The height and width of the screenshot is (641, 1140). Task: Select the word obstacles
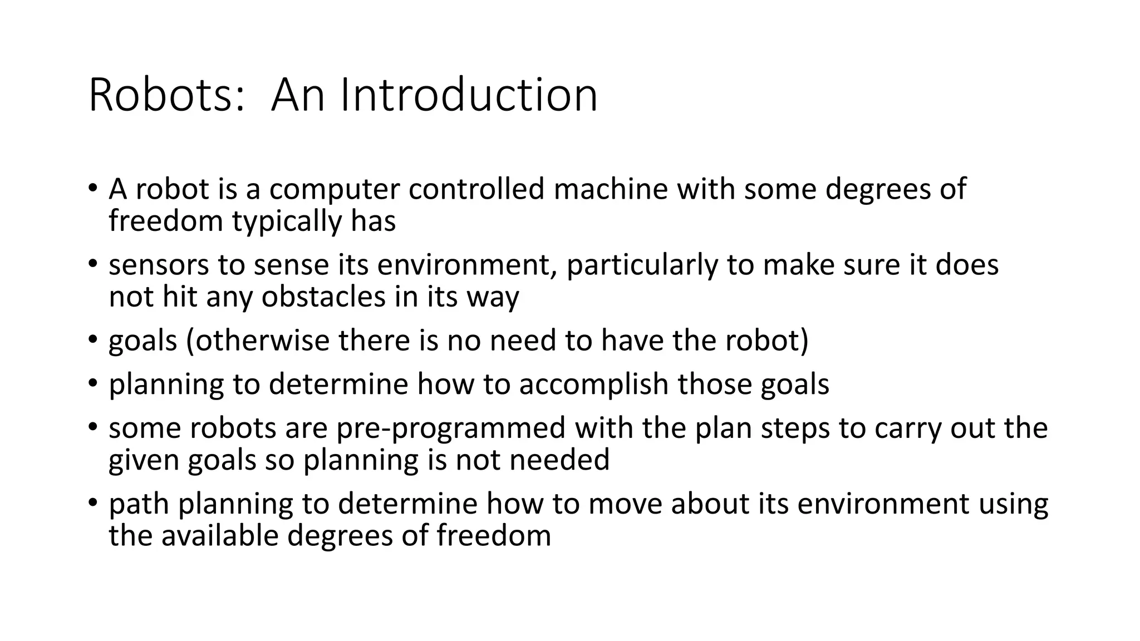tap(323, 297)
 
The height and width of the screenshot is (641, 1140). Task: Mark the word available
tap(220, 536)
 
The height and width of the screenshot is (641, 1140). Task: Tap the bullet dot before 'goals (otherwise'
tap(92, 339)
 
